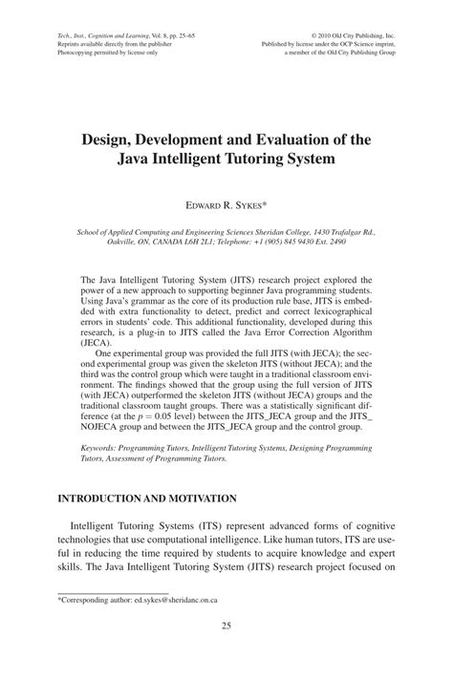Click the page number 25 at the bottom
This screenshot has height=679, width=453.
pos(226,652)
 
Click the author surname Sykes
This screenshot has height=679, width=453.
pos(255,203)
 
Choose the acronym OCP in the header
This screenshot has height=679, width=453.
pos(340,43)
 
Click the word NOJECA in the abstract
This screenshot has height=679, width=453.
pos(102,418)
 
